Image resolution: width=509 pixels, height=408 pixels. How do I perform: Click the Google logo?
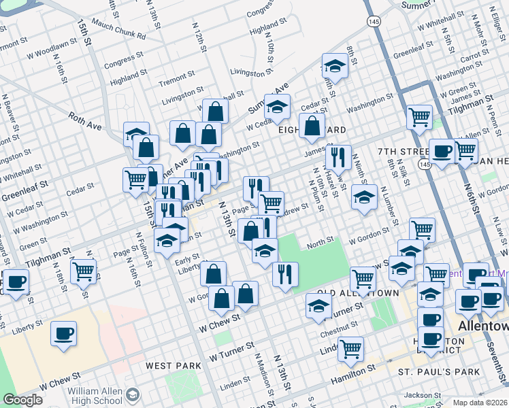[22, 400]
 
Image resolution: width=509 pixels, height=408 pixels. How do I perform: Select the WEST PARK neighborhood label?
[174, 366]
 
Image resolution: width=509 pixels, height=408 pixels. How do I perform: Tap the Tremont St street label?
[176, 82]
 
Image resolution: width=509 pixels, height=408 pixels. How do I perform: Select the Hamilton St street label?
[353, 373]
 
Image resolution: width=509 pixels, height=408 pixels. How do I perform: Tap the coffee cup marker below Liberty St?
[64, 334]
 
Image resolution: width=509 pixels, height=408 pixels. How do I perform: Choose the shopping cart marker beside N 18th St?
[84, 271]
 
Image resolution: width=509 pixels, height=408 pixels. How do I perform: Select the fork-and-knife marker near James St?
[338, 157]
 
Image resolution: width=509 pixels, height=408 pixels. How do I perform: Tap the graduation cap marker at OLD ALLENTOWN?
[318, 307]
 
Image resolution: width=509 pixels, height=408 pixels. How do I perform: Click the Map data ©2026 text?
[479, 403]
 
